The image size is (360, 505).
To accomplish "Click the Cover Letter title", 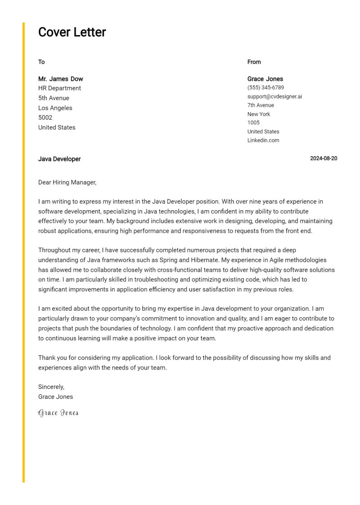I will tap(72, 32).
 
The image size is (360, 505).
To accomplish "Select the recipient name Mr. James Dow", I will tap(61, 79).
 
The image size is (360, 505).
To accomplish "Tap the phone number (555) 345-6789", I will tap(265, 88).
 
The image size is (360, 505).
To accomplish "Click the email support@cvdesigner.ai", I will tap(274, 96).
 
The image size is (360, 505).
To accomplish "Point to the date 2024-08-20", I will tap(324, 158).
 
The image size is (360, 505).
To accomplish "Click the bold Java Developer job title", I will tap(59, 159).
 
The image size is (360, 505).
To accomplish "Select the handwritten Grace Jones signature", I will tap(58, 413).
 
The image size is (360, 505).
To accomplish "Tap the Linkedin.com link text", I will tap(263, 140).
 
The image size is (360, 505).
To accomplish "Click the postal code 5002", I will tap(45, 117).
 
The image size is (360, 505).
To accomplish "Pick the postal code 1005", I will tap(253, 122).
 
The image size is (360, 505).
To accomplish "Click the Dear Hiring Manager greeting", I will tap(67, 182).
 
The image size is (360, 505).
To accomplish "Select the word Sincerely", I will tap(51, 387).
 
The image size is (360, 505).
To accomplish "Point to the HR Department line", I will tap(59, 88).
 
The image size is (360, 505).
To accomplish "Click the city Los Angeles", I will tap(55, 108).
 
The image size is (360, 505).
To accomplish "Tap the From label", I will tap(254, 62).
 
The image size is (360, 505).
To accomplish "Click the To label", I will tap(41, 62).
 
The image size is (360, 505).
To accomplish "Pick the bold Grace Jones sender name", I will tap(265, 79).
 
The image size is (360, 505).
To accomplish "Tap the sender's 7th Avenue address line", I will tap(261, 105).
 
